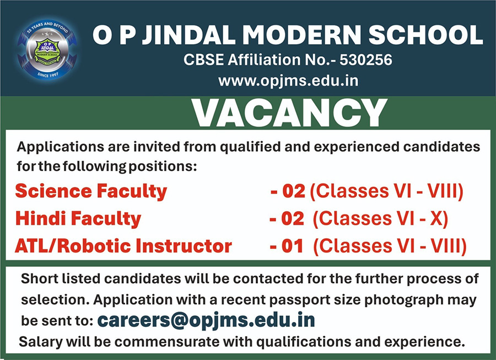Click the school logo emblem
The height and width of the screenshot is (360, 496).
point(47,50)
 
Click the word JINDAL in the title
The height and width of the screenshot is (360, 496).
point(188,35)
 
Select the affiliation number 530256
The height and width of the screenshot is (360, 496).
point(366,60)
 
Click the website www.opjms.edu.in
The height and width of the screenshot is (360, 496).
point(288,80)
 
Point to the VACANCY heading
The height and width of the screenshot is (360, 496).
point(289,113)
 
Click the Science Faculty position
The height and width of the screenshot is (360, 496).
point(91,192)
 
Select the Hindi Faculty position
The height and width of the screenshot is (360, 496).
point(78,219)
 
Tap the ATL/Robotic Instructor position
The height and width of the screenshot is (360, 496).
point(123,246)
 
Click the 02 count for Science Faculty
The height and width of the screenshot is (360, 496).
point(294,191)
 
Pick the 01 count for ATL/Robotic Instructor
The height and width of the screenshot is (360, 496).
point(293,246)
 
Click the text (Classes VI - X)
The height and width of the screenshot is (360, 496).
point(380,219)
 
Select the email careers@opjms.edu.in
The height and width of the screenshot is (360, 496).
point(206,320)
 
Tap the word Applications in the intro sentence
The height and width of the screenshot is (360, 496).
point(61,147)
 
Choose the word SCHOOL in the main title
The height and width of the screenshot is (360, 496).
point(426,35)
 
